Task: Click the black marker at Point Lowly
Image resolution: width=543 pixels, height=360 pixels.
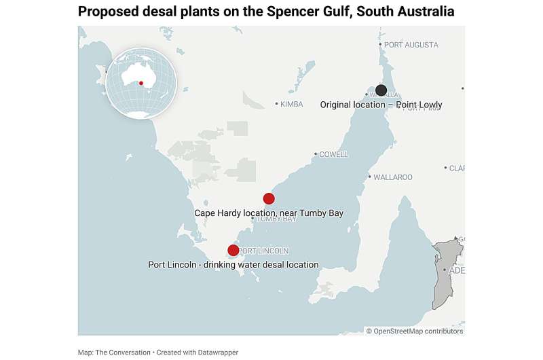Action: [381, 90]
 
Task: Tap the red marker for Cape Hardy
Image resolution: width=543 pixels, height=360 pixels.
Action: [269, 198]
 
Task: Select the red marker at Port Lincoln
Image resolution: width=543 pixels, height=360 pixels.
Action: [233, 250]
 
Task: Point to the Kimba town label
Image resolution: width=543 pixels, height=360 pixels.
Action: [292, 104]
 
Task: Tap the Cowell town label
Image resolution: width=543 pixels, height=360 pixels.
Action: [333, 154]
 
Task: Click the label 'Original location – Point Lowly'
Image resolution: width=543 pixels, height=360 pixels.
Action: [381, 105]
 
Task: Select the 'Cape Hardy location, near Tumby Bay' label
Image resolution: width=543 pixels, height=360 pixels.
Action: [269, 213]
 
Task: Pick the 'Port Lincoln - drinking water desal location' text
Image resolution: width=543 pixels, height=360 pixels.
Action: [233, 264]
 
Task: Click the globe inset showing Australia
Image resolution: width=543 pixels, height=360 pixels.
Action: [141, 83]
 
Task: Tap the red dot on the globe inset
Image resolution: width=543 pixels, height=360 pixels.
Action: [141, 84]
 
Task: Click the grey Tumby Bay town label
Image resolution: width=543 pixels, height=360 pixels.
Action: [276, 219]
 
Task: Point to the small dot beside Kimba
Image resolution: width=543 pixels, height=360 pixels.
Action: [276, 104]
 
